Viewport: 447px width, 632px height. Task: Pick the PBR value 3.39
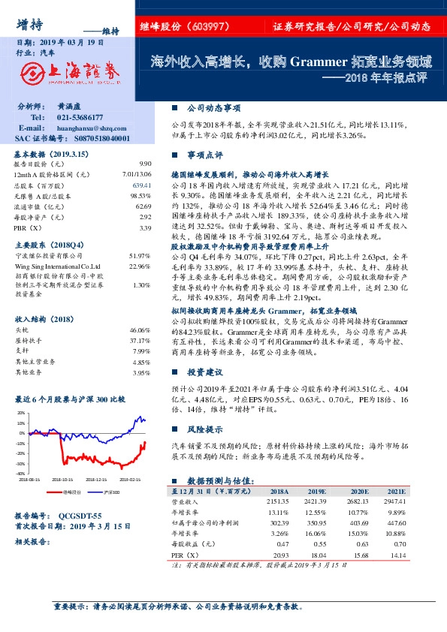click(145, 227)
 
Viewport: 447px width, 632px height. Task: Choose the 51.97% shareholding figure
click(140, 257)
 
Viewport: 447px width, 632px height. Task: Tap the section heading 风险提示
click(204, 430)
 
